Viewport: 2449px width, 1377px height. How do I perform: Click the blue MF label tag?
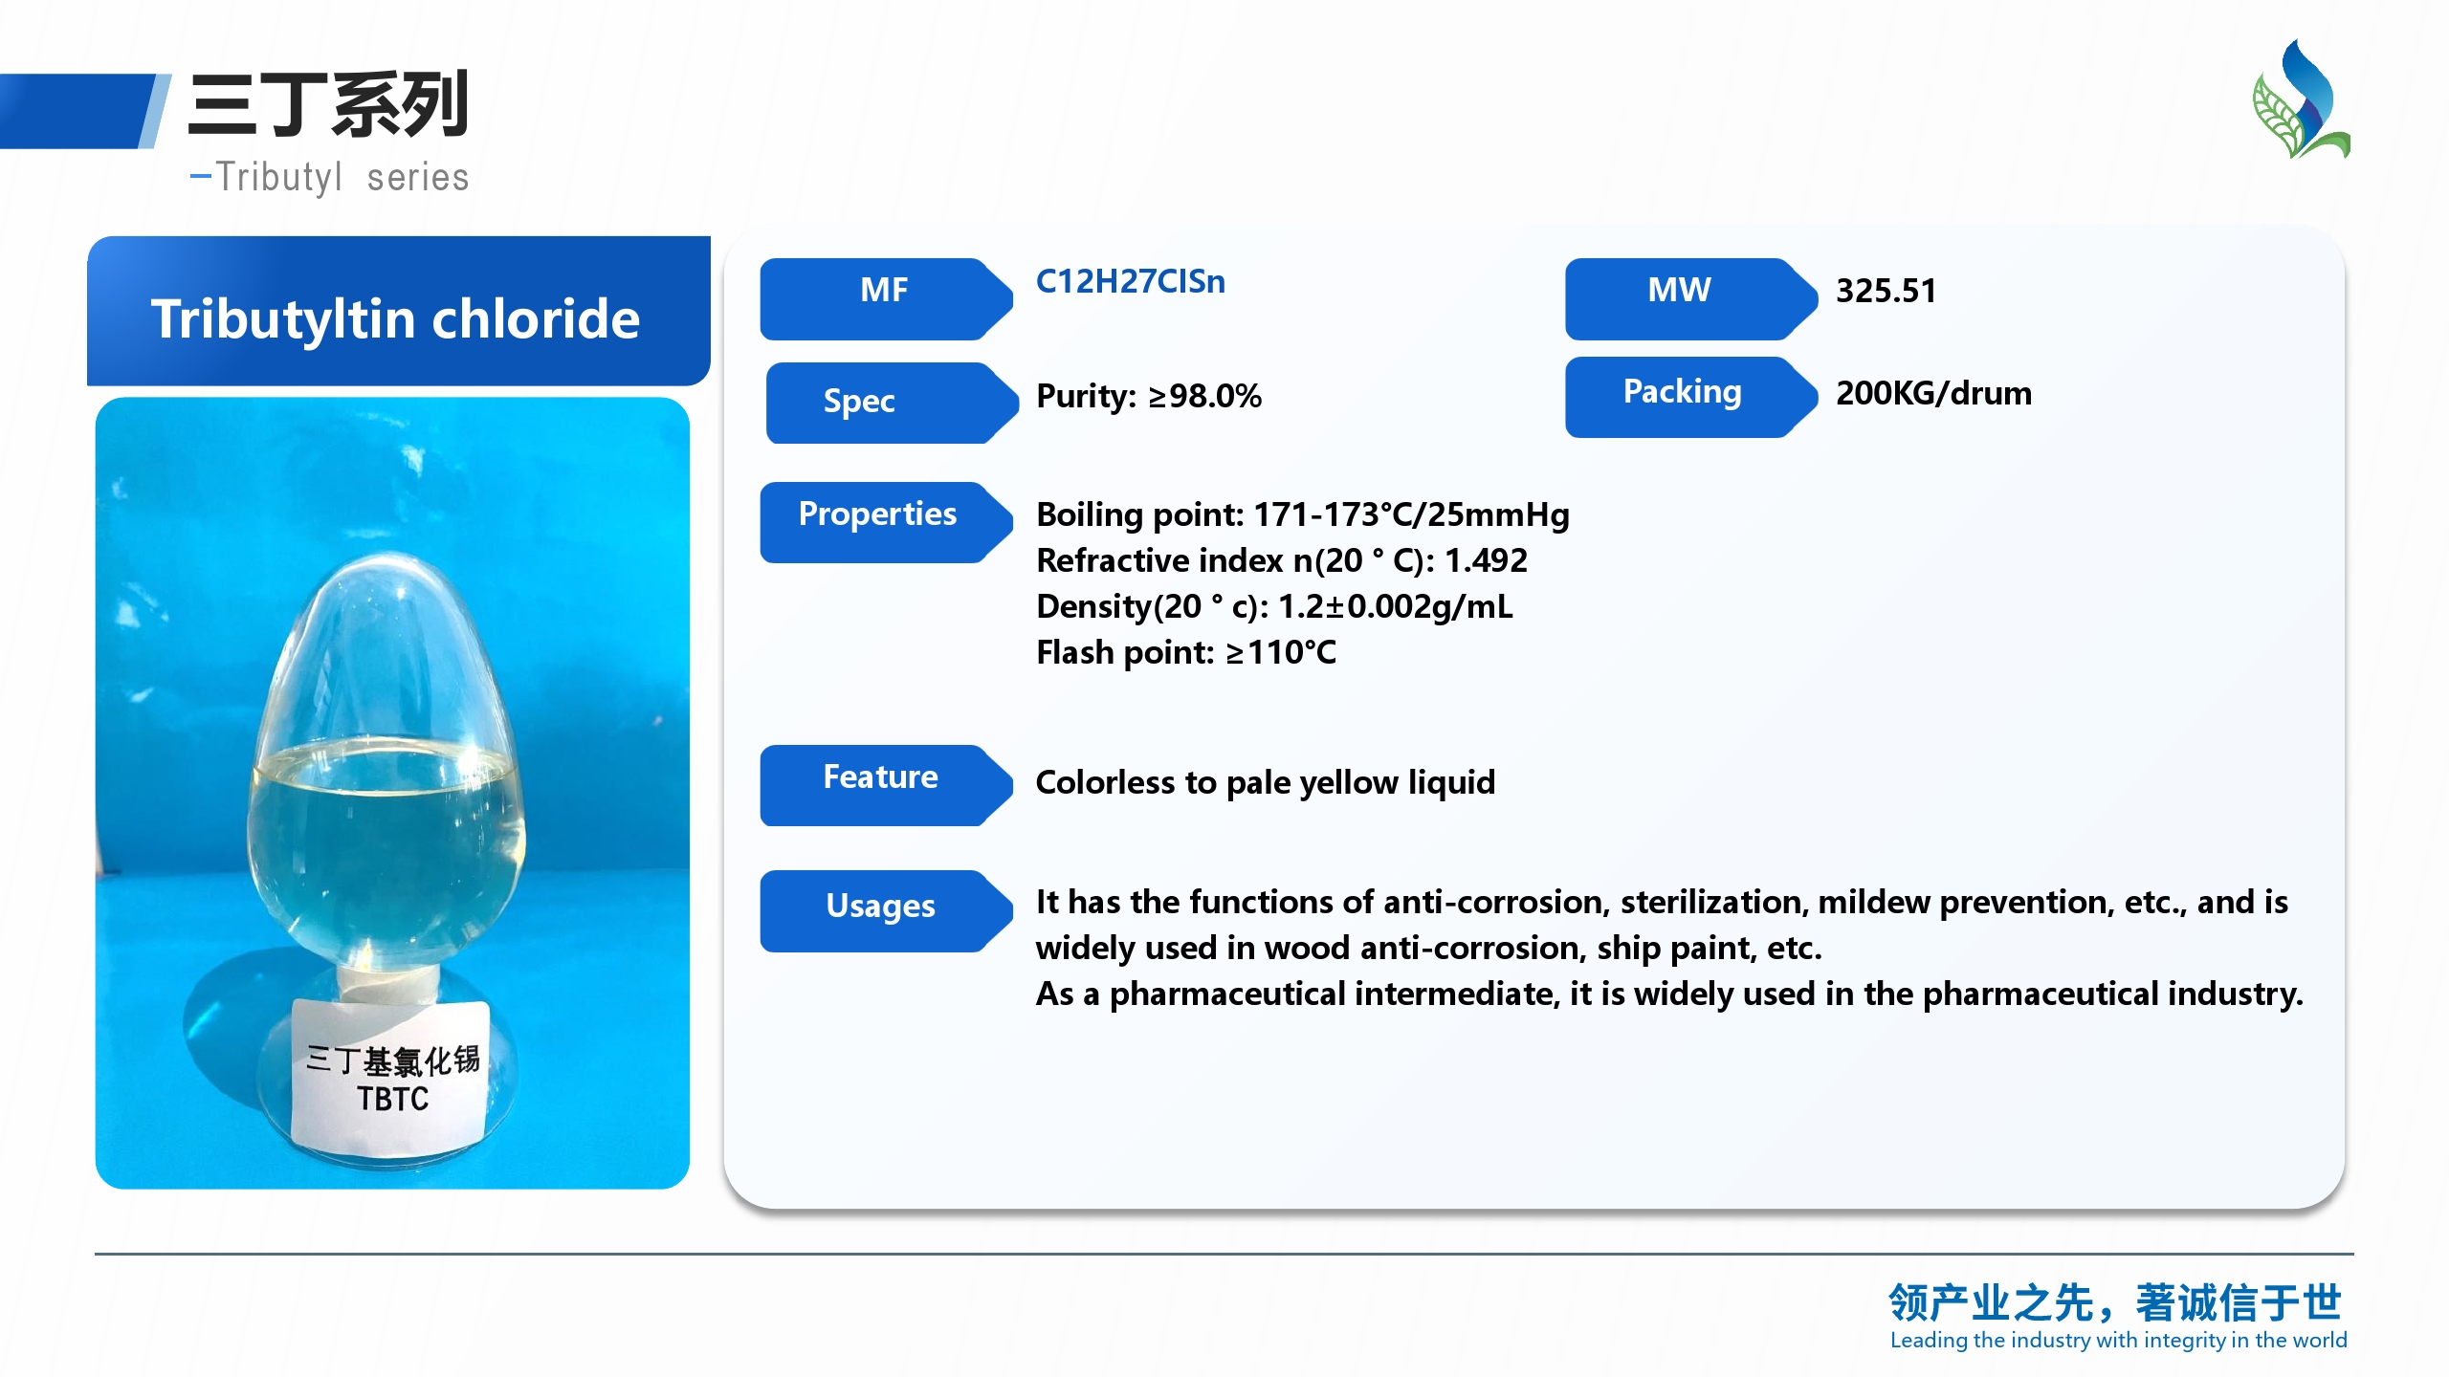point(886,298)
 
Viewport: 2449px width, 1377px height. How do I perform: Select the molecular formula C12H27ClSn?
point(1130,282)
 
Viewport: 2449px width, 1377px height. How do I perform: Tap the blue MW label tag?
point(1690,298)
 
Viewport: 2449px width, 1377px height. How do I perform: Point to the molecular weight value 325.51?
point(1886,291)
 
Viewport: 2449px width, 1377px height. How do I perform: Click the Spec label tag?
point(892,403)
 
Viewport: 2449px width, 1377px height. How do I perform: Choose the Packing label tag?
point(1690,397)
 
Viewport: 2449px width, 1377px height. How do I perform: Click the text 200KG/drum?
point(1933,393)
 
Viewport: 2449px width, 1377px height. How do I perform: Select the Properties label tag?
point(886,522)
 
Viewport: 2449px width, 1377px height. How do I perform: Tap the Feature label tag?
point(886,785)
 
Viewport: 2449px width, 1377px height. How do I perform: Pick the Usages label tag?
point(886,910)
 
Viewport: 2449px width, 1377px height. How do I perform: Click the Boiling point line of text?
point(1303,514)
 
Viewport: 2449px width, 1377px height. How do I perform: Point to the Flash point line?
point(1186,652)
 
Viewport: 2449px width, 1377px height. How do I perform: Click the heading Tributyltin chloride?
point(395,318)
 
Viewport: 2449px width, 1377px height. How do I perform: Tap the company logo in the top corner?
point(2302,98)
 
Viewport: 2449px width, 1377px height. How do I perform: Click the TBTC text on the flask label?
point(393,1099)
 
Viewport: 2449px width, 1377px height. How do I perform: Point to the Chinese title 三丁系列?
point(328,104)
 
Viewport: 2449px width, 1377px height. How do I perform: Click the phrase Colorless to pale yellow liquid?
point(1265,783)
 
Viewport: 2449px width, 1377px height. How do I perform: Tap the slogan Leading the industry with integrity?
point(2118,1341)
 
